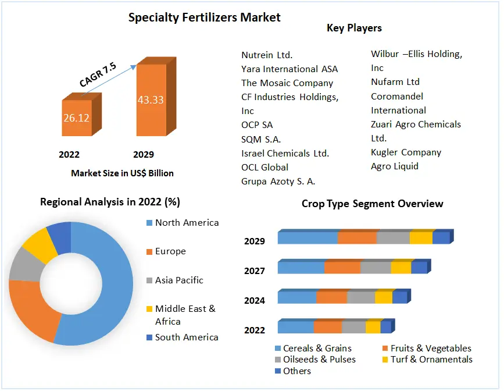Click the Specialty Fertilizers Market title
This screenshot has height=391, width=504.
[204, 17]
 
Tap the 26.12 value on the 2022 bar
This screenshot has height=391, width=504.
[76, 118]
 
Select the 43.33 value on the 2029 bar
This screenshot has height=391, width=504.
[151, 99]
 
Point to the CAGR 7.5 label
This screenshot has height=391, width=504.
[98, 75]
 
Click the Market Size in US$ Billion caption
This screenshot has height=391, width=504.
[122, 173]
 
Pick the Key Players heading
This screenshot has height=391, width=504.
[354, 27]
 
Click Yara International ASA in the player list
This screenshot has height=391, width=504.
[289, 69]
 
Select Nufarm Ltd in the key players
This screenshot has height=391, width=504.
[395, 82]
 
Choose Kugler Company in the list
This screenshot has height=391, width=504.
[406, 152]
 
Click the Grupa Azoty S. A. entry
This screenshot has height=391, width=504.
[278, 181]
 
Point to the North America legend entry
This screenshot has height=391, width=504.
[187, 223]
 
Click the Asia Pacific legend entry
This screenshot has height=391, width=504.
[179, 280]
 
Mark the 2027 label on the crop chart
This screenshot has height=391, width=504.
[255, 271]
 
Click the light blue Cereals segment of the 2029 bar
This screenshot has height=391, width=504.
[308, 238]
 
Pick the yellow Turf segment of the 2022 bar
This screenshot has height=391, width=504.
[373, 328]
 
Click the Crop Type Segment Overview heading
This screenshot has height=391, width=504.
[372, 204]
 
